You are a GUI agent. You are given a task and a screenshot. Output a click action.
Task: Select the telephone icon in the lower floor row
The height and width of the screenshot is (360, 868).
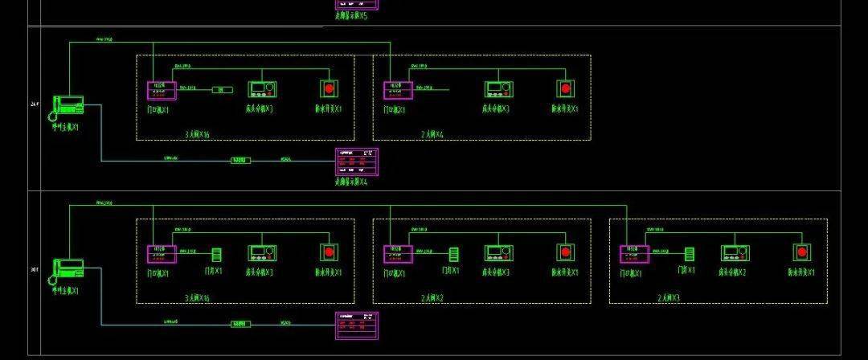[x=68, y=270]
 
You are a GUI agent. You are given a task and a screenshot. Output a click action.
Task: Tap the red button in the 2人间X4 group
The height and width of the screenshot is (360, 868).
[x=565, y=88]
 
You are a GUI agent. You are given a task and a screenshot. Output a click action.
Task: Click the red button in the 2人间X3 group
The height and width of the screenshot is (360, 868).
[x=801, y=252]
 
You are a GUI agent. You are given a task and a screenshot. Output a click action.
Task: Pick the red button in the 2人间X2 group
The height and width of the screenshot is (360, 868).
[x=565, y=252]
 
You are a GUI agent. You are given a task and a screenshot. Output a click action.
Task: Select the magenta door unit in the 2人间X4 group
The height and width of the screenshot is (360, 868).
[x=398, y=90]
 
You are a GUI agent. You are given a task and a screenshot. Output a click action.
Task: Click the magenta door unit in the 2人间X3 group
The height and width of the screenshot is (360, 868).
[x=634, y=254]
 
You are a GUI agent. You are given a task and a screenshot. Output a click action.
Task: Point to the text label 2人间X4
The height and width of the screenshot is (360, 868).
[x=432, y=134]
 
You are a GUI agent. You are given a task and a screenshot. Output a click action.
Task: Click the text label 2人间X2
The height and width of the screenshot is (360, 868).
[x=432, y=298]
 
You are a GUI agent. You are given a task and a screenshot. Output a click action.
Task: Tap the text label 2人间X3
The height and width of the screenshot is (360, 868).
[x=669, y=298]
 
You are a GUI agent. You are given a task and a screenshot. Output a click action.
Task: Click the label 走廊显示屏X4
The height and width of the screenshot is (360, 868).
[x=351, y=182]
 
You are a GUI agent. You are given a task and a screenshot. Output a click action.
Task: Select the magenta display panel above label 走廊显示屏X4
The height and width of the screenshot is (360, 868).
[x=356, y=162]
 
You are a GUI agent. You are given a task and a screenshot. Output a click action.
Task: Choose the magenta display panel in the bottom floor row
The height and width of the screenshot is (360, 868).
[x=356, y=325]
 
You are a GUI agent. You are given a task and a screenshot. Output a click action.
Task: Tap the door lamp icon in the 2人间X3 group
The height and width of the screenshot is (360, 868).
[x=689, y=254]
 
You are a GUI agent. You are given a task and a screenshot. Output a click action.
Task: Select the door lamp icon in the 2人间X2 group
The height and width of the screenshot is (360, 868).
[x=454, y=254]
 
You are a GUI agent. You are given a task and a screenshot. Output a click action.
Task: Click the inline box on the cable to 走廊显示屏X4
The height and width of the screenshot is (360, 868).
[x=240, y=161]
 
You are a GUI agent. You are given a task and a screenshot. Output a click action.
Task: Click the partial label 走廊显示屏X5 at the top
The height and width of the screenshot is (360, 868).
[x=351, y=15]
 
